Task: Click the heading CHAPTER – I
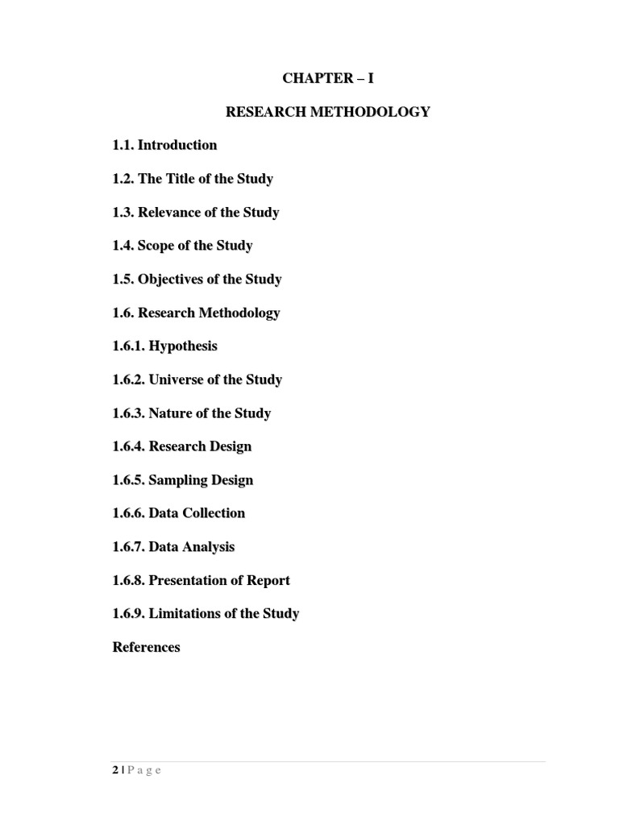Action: [327, 78]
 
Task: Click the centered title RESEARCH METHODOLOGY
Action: [327, 112]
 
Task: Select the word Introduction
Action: [177, 145]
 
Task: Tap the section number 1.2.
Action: [123, 179]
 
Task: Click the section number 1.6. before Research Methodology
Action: [123, 313]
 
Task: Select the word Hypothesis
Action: [183, 346]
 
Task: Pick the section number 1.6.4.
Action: [129, 446]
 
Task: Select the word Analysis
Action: [208, 547]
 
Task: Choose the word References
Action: [146, 647]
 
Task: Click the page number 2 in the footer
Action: [115, 770]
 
